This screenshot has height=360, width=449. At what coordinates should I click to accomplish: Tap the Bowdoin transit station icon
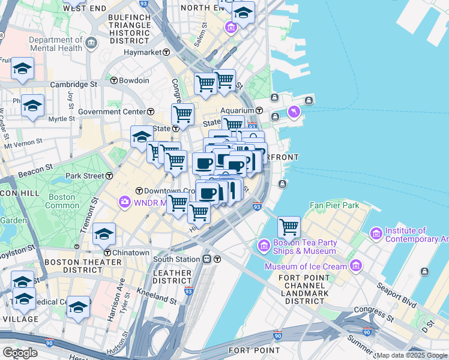pos(113,80)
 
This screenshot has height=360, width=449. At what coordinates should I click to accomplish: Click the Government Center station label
pos(112,112)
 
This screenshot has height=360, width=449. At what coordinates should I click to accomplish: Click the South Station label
pos(176,259)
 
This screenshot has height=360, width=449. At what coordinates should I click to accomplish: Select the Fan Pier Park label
pos(334,205)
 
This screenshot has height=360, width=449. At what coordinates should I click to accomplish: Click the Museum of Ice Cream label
pos(306,266)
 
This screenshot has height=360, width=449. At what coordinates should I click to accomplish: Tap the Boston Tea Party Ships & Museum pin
pos(263,245)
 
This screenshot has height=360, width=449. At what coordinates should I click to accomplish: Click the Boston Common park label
pos(62,201)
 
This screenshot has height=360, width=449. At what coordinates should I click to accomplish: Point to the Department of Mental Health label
pos(55,44)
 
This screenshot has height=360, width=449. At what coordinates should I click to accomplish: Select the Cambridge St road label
pos(73,85)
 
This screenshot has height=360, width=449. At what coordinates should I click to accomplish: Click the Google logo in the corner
pos(20,353)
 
